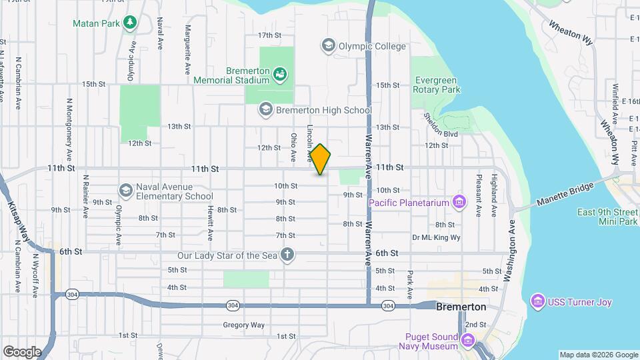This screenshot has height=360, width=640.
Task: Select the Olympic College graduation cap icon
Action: pos(327,46)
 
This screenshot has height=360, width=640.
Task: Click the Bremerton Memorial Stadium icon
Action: pos(280,75)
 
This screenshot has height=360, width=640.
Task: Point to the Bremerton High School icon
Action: pos(266,109)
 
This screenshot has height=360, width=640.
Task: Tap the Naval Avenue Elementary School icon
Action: pos(125,191)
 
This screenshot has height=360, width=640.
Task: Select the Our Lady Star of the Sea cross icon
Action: pos(287,255)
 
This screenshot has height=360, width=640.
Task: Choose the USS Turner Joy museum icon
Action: pos(537,302)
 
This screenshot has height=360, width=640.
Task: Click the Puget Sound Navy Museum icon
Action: pos(468,342)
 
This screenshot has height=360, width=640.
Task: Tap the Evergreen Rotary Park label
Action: pos(437,84)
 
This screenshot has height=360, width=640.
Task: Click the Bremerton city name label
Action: pos(461,307)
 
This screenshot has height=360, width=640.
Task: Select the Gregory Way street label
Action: pos(244,325)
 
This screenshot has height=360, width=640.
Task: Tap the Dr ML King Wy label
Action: pos(437,237)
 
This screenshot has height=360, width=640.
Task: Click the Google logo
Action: pos(22,351)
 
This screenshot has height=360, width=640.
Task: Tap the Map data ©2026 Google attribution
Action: pos(599,355)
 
